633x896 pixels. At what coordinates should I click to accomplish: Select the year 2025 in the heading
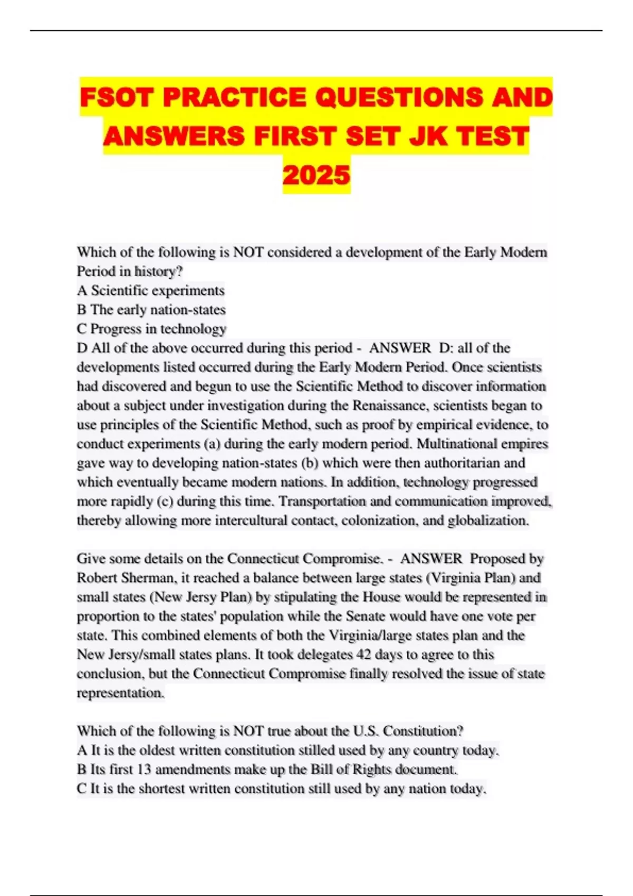point(316,175)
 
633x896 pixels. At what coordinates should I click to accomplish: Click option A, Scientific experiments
point(151,290)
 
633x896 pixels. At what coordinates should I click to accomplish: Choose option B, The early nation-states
point(151,309)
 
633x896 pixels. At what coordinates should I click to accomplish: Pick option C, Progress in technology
point(152,329)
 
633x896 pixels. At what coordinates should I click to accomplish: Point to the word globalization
point(488,521)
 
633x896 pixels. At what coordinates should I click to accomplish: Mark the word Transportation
point(322,501)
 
